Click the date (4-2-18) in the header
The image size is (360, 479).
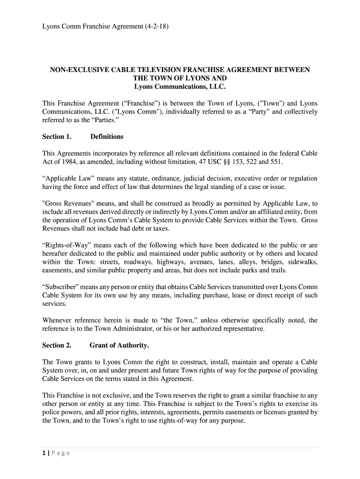[156, 27]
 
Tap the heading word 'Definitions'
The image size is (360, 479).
[107, 137]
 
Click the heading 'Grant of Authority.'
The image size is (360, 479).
[119, 345]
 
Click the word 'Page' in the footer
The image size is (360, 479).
[61, 453]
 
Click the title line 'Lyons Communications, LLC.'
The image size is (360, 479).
[180, 87]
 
